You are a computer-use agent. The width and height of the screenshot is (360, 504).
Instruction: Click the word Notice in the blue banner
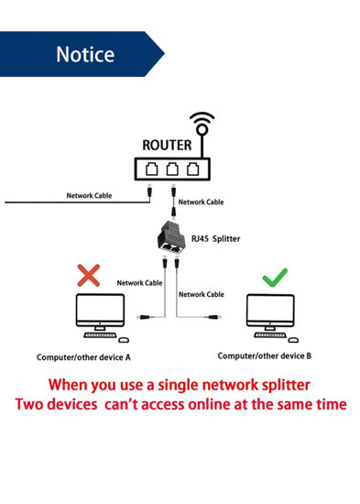click(x=85, y=54)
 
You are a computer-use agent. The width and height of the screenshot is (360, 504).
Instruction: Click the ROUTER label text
click(x=167, y=145)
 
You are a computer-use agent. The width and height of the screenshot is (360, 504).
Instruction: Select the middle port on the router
click(x=172, y=169)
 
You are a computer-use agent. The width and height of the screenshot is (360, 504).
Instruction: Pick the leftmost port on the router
click(x=150, y=169)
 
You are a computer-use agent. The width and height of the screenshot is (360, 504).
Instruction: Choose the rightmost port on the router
click(x=193, y=169)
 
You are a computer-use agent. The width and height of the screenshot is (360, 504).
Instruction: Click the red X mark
click(x=89, y=275)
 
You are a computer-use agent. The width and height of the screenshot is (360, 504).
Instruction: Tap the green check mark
click(x=275, y=276)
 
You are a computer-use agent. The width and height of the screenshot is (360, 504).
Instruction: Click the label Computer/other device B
click(x=265, y=355)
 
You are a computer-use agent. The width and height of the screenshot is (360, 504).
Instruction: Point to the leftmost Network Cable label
click(x=90, y=195)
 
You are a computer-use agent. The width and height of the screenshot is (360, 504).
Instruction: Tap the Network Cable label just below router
click(x=202, y=201)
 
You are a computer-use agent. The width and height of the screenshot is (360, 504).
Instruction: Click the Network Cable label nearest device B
click(x=202, y=294)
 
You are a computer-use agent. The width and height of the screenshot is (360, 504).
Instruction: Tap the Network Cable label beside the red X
click(x=139, y=282)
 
